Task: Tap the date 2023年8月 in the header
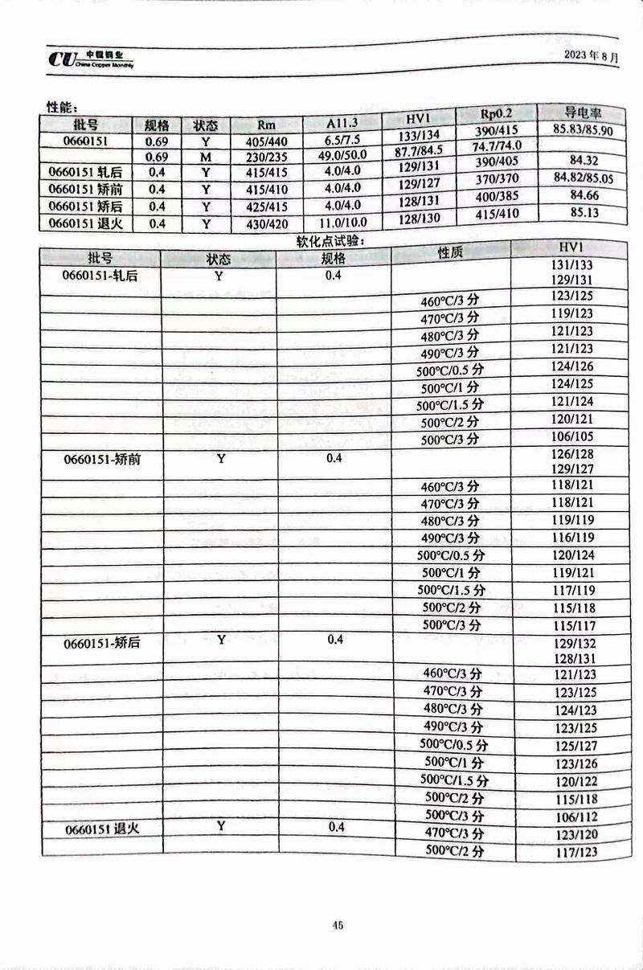click(592, 57)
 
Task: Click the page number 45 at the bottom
click(338, 925)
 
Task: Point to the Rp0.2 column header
click(496, 115)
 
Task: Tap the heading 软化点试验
click(330, 239)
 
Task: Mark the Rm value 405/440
click(266, 141)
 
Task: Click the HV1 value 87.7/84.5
click(417, 151)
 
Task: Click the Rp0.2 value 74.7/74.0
click(496, 146)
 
